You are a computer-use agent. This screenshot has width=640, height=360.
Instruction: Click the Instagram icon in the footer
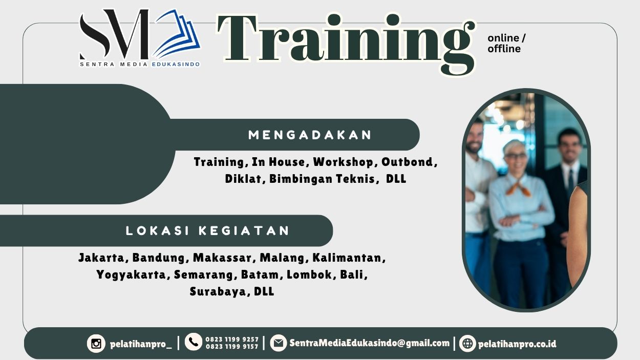[x=96, y=343]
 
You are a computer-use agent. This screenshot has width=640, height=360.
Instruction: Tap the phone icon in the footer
[x=194, y=342]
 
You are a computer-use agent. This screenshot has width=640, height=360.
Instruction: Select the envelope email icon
[x=278, y=343]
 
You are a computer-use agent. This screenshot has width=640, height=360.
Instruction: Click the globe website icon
[x=467, y=343]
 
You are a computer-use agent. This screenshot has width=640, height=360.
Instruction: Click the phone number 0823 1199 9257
[x=232, y=339]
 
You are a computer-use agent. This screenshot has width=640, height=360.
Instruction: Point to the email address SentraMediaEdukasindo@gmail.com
[x=369, y=343]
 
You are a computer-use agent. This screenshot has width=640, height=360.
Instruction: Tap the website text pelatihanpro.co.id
[x=517, y=344]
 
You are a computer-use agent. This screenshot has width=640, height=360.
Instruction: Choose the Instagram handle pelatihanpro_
[x=141, y=344]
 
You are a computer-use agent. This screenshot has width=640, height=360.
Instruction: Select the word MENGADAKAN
[x=310, y=135]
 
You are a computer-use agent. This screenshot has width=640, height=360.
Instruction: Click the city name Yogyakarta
[x=131, y=274]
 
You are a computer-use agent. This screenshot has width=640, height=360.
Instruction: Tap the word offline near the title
[x=504, y=49]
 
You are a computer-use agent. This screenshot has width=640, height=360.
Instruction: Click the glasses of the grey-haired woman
[x=515, y=155]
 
